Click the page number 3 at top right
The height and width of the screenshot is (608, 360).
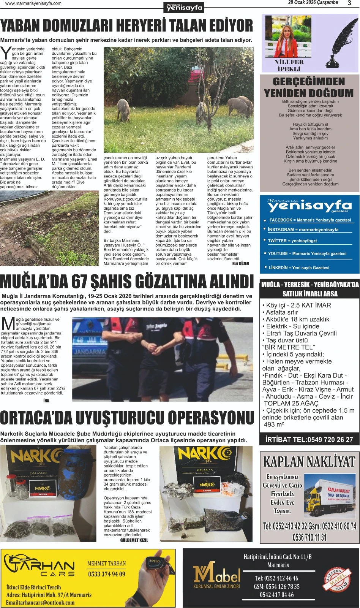pyautogui.click(x=349, y=3)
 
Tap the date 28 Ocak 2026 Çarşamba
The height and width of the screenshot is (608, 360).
pyautogui.click(x=313, y=3)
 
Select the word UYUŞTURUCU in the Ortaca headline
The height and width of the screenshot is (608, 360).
pyautogui.click(x=120, y=418)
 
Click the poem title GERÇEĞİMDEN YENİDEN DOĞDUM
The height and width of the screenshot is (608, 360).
pyautogui.click(x=309, y=87)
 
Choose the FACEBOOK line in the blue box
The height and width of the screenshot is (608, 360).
pyautogui.click(x=310, y=220)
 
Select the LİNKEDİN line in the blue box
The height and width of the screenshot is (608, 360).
pyautogui.click(x=298, y=268)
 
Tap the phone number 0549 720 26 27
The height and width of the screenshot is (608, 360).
pyautogui.click(x=330, y=440)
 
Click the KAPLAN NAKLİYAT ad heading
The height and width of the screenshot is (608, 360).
pyautogui.click(x=309, y=462)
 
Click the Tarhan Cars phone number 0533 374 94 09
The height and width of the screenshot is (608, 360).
pyautogui.click(x=107, y=574)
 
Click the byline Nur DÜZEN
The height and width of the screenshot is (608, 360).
pyautogui.click(x=240, y=263)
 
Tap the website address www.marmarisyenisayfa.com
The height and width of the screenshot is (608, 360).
pyautogui.click(x=33, y=3)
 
